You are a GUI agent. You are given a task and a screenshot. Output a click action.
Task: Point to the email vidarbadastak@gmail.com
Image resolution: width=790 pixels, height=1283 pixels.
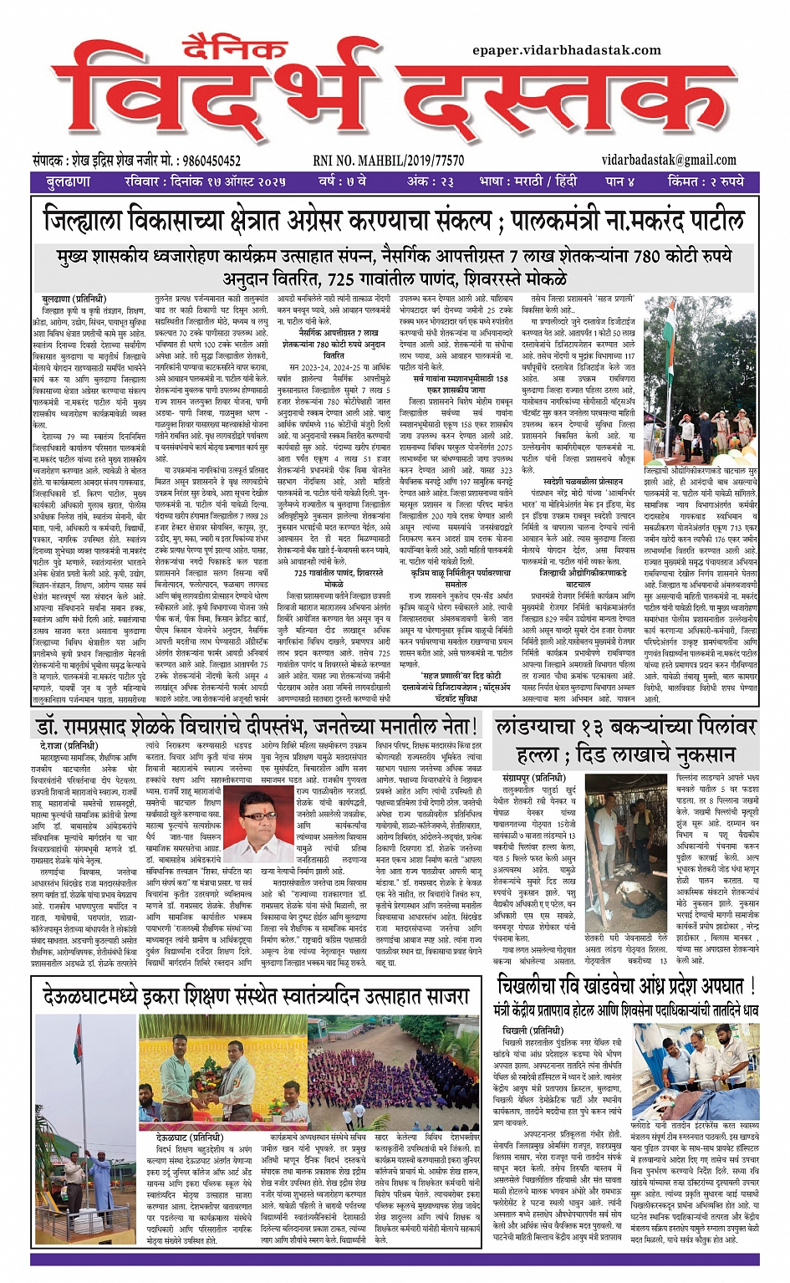click(669, 160)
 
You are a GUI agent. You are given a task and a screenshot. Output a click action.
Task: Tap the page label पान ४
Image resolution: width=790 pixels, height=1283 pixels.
click(620, 181)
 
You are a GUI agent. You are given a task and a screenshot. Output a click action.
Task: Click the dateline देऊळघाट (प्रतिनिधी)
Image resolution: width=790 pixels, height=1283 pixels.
click(189, 1138)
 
